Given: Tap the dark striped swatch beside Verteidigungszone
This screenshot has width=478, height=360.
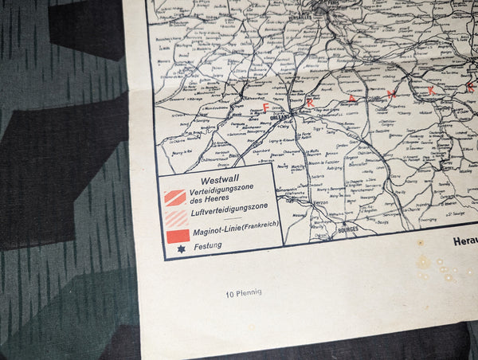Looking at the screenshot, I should (175, 198).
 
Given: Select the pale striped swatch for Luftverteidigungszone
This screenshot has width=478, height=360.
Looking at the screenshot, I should (175, 217).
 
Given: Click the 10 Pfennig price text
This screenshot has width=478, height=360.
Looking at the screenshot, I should (243, 292).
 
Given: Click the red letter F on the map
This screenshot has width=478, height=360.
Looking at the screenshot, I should (265, 106).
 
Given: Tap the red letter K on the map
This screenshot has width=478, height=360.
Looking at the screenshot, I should (431, 90).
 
